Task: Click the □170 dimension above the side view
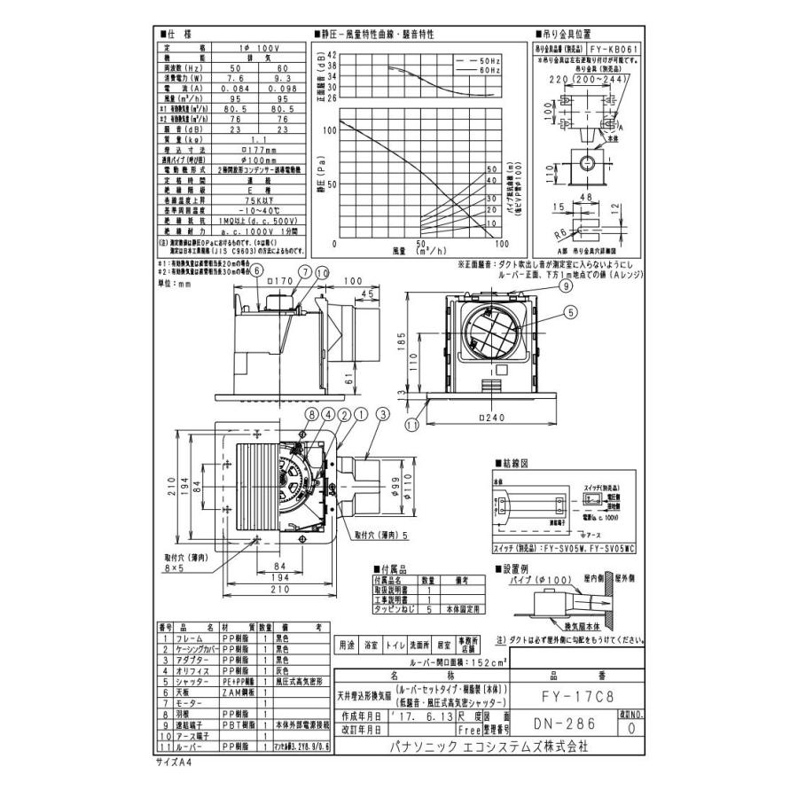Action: click(282, 281)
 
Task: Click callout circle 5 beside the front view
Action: click(568, 311)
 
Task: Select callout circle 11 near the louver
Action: click(411, 426)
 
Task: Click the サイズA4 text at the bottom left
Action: click(174, 762)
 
